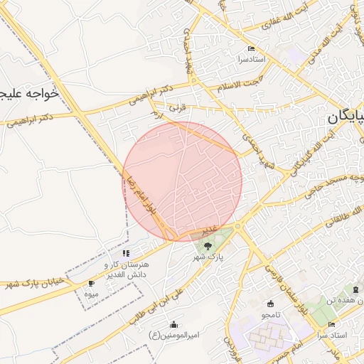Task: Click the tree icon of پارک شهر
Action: pos(208,245)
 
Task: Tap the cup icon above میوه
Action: pos(91,284)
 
